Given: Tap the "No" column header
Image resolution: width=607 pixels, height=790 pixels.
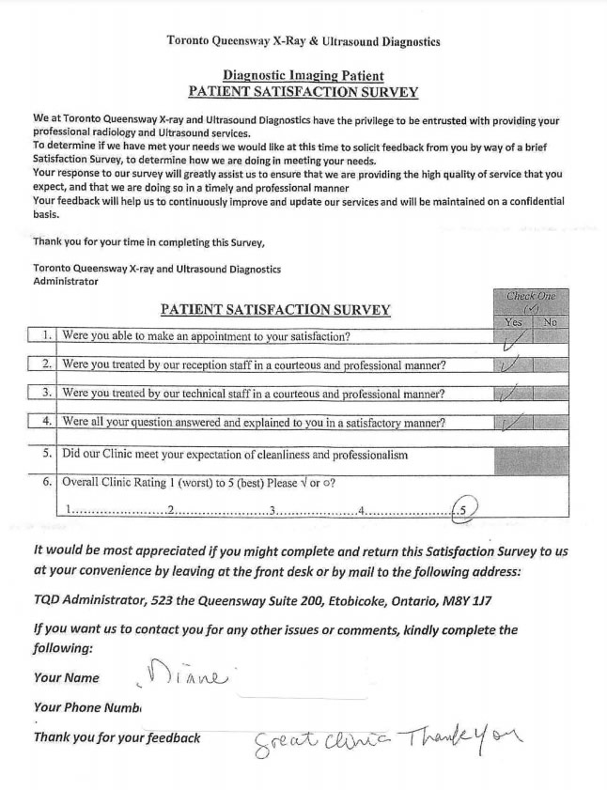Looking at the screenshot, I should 551,321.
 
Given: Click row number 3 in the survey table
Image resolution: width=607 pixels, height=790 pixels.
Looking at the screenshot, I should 46,394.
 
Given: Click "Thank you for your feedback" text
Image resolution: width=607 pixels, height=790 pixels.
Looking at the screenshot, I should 117,737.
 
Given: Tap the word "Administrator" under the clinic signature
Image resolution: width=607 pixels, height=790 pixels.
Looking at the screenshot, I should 65,281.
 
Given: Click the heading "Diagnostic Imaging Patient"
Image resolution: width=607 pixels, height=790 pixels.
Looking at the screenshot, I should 303,75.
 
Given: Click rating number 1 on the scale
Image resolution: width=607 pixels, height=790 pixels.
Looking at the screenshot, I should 69,510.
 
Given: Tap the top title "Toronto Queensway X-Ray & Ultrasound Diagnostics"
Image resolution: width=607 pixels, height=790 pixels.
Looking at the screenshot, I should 303,41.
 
